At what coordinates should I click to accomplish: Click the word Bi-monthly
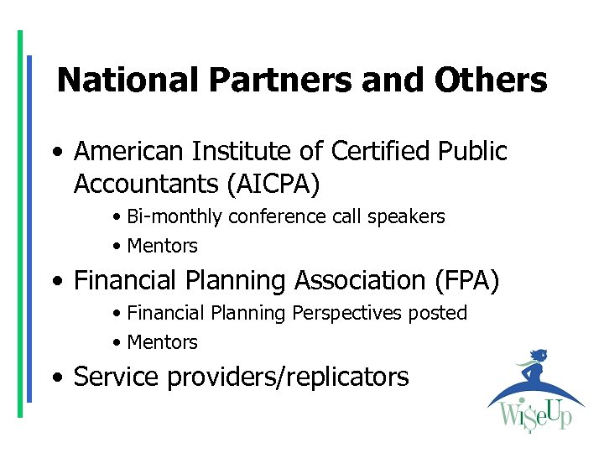point(175,216)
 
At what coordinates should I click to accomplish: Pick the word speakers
point(409,216)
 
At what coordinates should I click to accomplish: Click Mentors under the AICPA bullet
point(162,247)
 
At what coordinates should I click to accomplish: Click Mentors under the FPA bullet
point(162,343)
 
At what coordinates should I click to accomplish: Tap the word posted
point(438,313)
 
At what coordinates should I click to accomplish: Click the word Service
point(116,377)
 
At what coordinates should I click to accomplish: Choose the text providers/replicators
point(289,377)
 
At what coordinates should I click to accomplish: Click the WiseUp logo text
point(534,414)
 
